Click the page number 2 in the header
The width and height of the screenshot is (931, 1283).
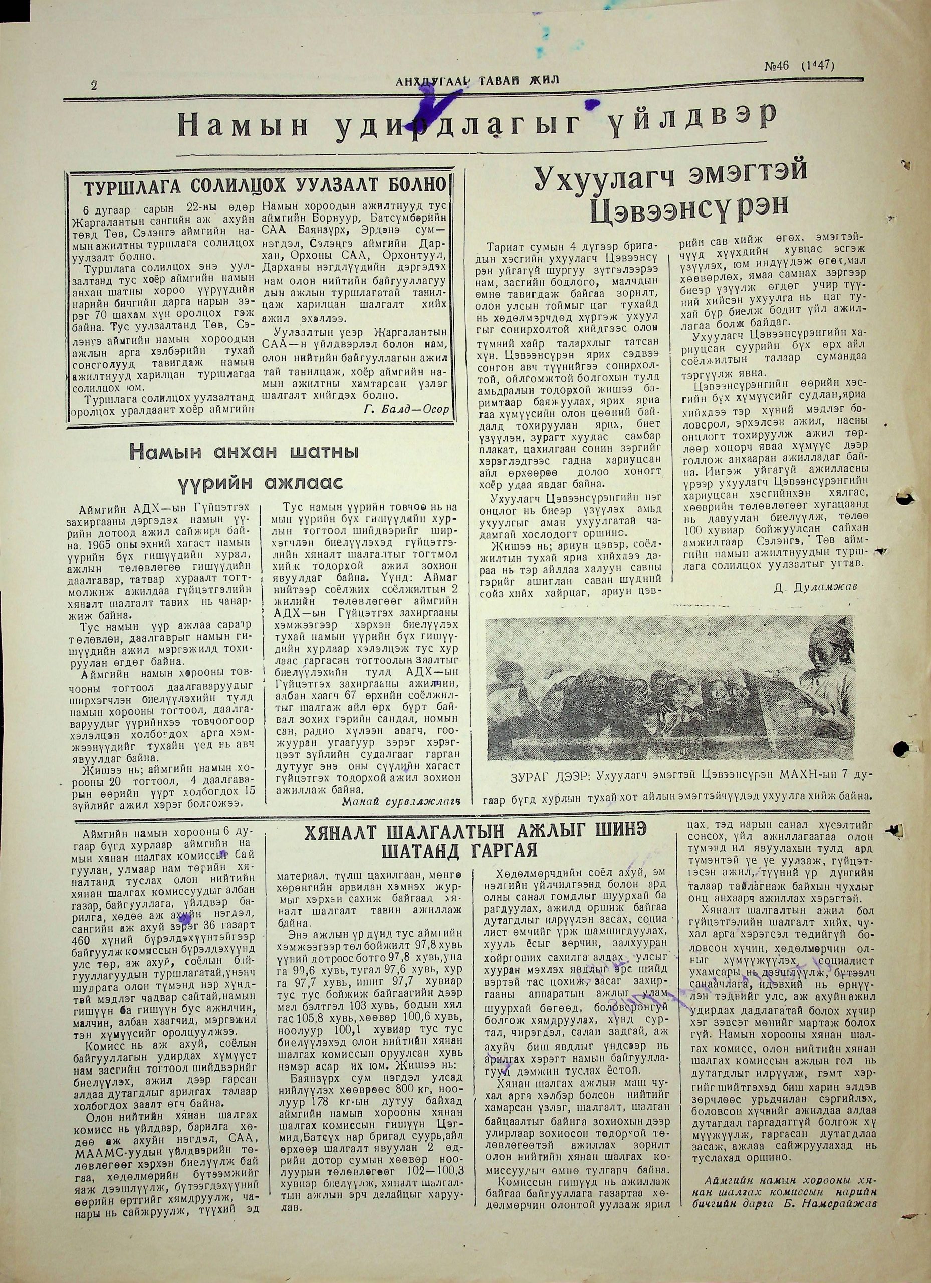coord(94,85)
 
